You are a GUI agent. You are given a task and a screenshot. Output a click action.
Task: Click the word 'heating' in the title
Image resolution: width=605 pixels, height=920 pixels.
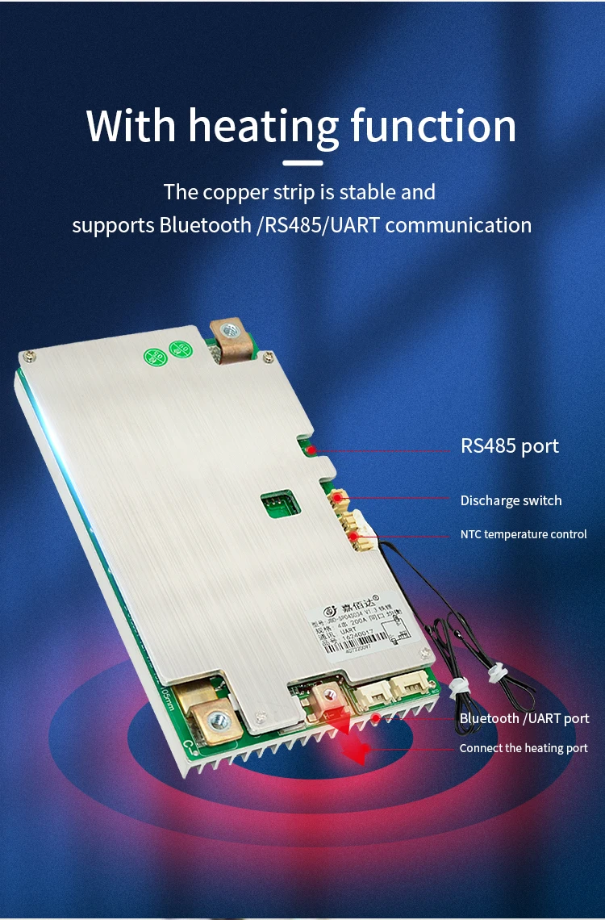263,128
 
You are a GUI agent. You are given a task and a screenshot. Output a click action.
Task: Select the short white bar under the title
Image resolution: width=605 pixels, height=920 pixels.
303,163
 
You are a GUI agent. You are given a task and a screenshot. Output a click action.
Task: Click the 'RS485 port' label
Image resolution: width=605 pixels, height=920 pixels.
509,446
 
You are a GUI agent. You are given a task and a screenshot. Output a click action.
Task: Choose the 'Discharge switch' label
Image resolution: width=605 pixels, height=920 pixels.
511,500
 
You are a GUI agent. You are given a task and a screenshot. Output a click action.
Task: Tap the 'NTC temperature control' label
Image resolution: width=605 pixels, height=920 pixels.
524,534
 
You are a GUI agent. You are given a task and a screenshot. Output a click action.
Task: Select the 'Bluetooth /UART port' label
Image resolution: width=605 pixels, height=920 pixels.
524,718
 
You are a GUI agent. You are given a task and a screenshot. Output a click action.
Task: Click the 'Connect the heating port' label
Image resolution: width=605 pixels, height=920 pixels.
524,748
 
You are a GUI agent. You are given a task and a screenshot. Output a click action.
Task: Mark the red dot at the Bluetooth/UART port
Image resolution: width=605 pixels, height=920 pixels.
376,717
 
